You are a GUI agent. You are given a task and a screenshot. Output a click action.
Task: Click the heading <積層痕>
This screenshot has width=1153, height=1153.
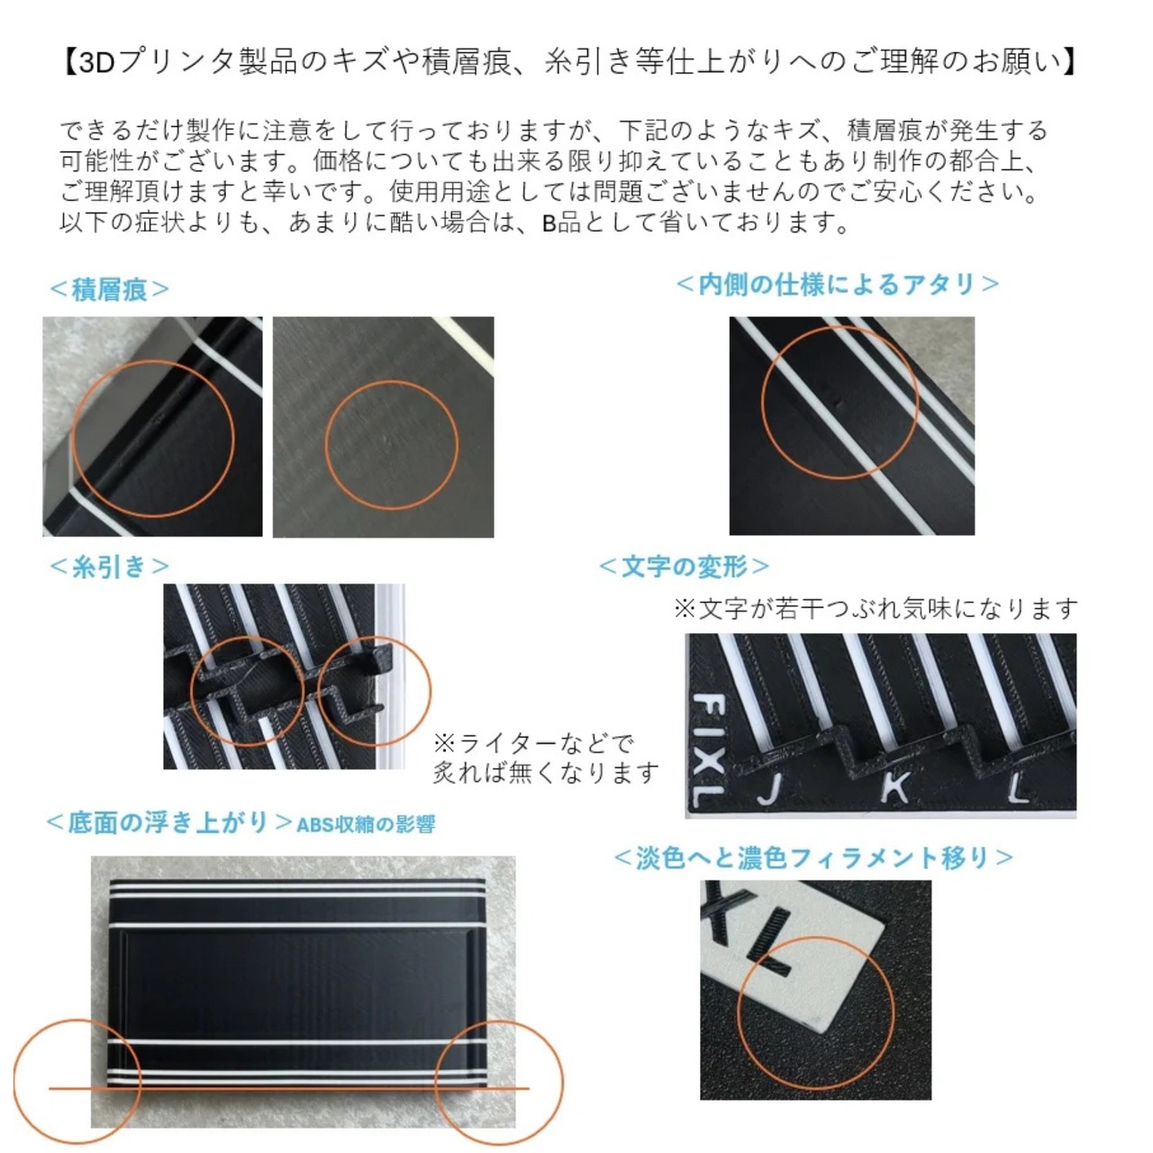pos(110,289)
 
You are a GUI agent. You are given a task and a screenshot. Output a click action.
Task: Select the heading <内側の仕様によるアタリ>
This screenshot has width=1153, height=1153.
pos(837,285)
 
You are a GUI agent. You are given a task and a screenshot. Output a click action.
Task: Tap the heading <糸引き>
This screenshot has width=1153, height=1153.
pos(110,566)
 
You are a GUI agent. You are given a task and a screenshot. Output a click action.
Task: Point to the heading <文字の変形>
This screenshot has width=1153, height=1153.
pos(684,566)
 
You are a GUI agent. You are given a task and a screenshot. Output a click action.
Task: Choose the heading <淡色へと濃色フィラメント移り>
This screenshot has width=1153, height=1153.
pos(813,858)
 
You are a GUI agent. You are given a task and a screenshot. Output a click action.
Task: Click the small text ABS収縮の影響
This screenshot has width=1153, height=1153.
pos(367,824)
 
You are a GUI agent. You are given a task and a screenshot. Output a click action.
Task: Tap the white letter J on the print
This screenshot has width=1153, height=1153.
pos(770,789)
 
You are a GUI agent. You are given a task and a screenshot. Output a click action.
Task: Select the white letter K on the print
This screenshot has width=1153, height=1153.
pos(895,788)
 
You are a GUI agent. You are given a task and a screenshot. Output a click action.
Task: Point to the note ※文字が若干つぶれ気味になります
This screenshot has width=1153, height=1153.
pos(876,609)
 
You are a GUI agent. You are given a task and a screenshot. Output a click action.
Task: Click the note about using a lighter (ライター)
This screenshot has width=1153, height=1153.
pos(546,758)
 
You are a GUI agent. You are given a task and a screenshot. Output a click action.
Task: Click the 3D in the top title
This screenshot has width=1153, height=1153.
pos(96,63)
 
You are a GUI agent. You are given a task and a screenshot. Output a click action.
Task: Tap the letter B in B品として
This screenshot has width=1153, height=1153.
pos(549,223)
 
